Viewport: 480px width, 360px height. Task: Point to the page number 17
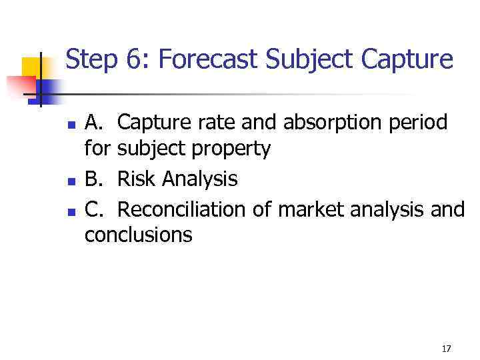tap(446, 349)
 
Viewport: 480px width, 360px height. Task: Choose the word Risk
tap(137, 179)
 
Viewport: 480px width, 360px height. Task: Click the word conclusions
tap(139, 235)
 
